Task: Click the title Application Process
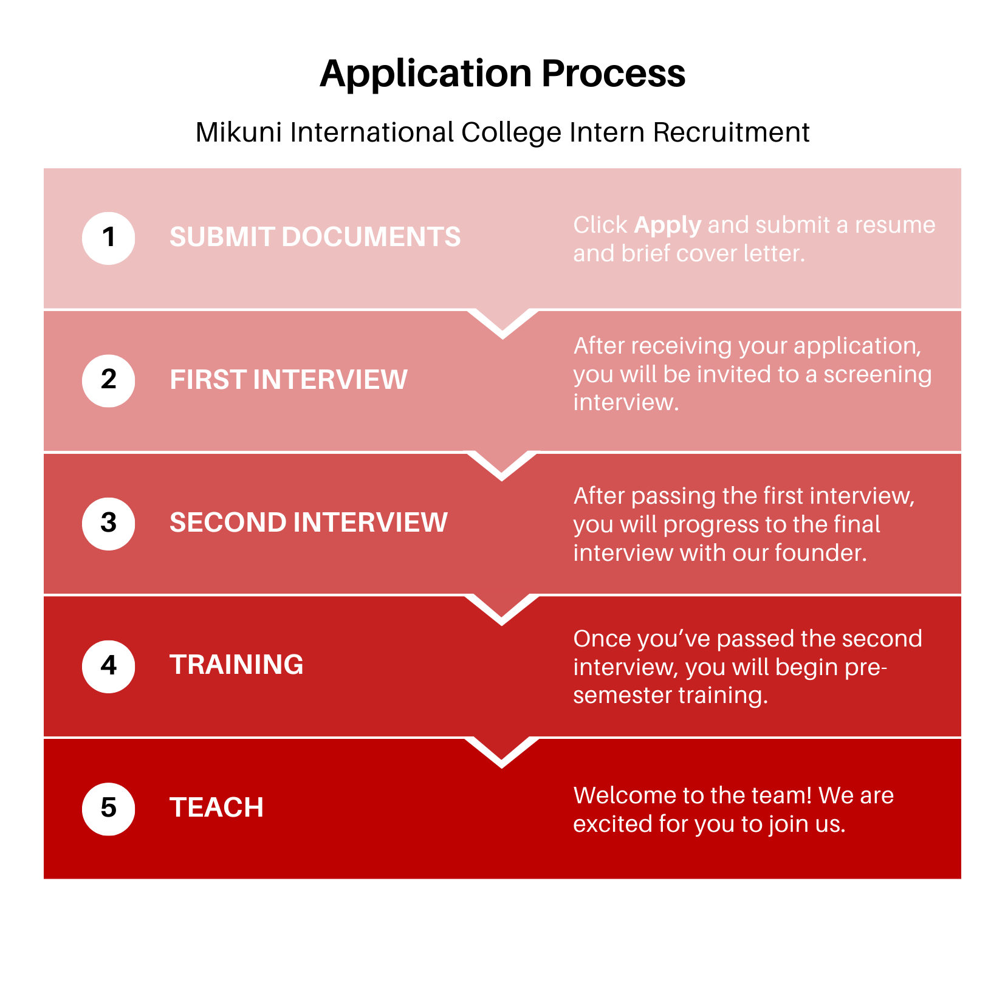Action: [x=502, y=74]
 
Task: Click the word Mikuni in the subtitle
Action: [x=239, y=132]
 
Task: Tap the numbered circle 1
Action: [x=108, y=238]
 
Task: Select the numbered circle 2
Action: [x=108, y=380]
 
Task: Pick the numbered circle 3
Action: [x=108, y=523]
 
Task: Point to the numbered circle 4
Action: [x=108, y=666]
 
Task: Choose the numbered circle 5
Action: [x=108, y=809]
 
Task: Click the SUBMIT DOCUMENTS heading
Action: [x=315, y=237]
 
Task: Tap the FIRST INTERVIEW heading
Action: [x=288, y=380]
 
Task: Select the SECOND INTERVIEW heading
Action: [x=308, y=523]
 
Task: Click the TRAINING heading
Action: [x=236, y=665]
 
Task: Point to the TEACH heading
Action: [x=216, y=808]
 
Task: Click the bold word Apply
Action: [x=667, y=225]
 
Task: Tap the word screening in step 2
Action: [x=877, y=374]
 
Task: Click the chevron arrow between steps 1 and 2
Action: [x=502, y=324]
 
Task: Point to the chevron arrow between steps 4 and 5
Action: [x=502, y=753]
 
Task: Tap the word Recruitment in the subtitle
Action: [x=731, y=132]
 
